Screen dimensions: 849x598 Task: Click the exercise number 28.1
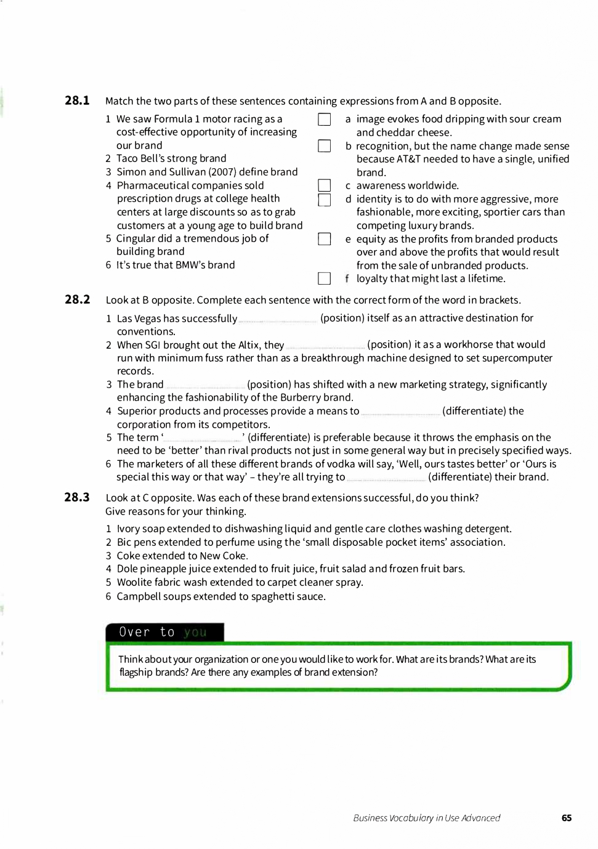(x=77, y=100)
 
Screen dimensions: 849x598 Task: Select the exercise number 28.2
(x=77, y=299)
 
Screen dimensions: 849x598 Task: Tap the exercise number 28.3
(x=77, y=497)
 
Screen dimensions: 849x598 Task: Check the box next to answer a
(x=325, y=120)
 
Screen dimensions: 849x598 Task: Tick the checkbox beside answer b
(x=325, y=146)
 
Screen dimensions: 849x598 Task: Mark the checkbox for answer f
(x=325, y=278)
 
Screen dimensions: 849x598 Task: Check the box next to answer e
(x=325, y=239)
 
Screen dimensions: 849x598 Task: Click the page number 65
(x=567, y=818)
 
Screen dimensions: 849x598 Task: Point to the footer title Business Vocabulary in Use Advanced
(x=426, y=818)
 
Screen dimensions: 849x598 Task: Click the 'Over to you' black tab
(x=164, y=632)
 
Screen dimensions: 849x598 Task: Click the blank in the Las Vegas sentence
(x=278, y=319)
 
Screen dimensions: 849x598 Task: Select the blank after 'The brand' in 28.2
(x=205, y=385)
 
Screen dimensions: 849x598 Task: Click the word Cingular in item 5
(x=135, y=238)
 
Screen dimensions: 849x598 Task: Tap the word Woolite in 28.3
(x=135, y=582)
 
